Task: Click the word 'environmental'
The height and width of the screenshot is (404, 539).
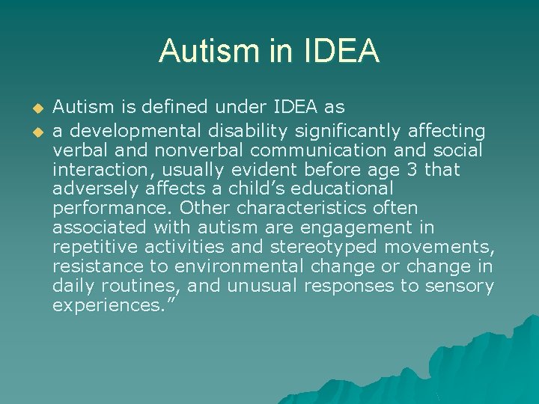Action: tap(238, 266)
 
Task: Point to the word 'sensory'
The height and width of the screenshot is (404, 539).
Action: tap(457, 286)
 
